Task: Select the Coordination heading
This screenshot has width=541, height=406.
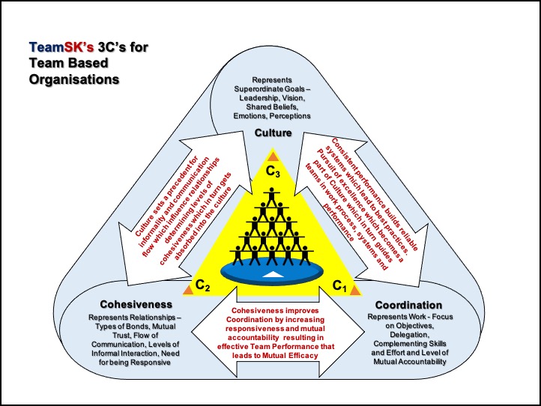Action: click(x=409, y=306)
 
